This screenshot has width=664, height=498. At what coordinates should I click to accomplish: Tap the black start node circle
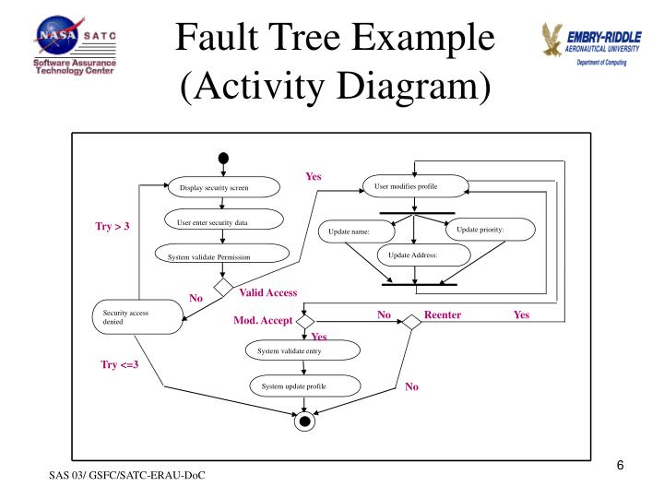tap(223, 156)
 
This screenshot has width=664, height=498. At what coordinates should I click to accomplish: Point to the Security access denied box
tap(137, 319)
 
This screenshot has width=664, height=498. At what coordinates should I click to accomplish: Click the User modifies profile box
tap(413, 187)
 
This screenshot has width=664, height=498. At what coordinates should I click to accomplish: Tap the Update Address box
tap(412, 255)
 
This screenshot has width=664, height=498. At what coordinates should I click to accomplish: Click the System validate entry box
tap(302, 351)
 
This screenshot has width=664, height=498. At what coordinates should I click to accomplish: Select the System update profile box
tap(302, 385)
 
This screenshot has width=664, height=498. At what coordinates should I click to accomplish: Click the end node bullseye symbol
tap(303, 422)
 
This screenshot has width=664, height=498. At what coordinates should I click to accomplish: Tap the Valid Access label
tap(267, 292)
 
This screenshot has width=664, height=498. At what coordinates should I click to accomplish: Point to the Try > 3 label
tap(113, 226)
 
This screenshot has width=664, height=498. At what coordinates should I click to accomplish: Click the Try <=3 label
tap(120, 365)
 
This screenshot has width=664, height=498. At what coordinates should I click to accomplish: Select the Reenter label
tap(443, 314)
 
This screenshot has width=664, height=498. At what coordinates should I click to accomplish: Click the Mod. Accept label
tap(263, 321)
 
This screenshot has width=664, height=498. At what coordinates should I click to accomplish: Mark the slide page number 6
tap(621, 465)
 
